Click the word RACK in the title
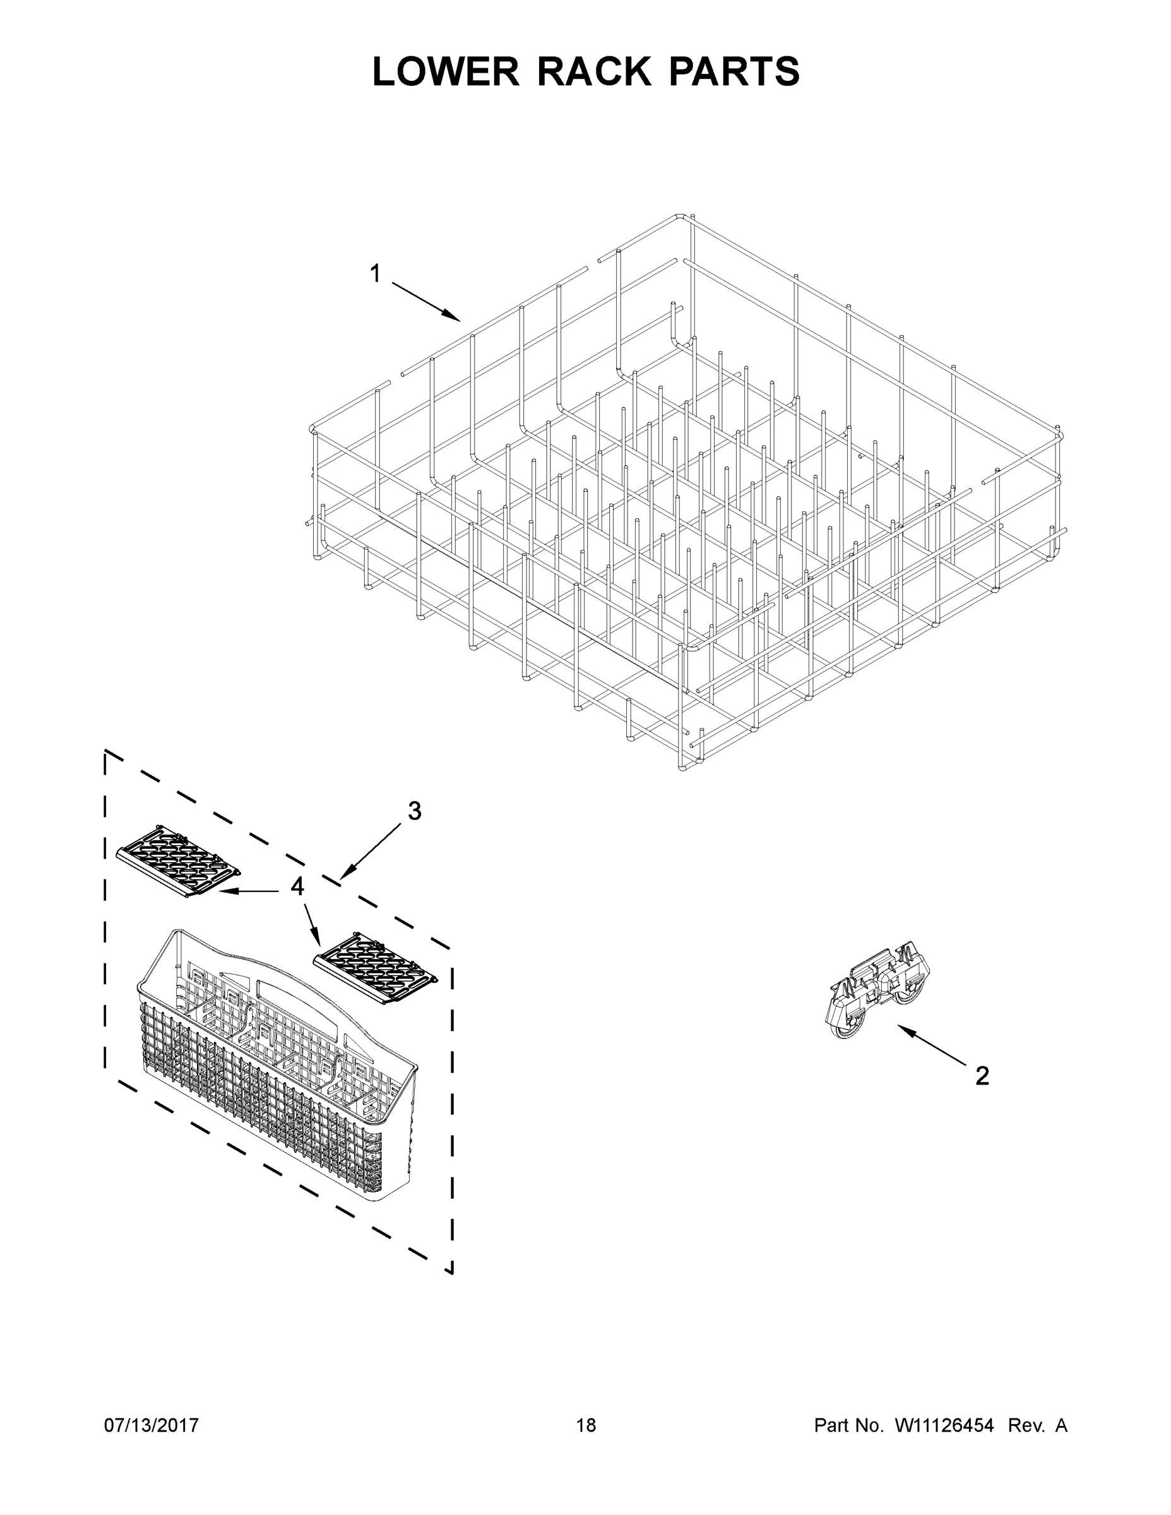(595, 71)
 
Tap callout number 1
(376, 274)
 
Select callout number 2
(982, 1076)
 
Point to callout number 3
(414, 811)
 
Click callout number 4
(297, 886)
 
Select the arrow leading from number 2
(933, 1045)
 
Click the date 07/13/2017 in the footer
(152, 1425)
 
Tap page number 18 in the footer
(586, 1425)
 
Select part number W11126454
(944, 1425)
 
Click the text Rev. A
(1037, 1425)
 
